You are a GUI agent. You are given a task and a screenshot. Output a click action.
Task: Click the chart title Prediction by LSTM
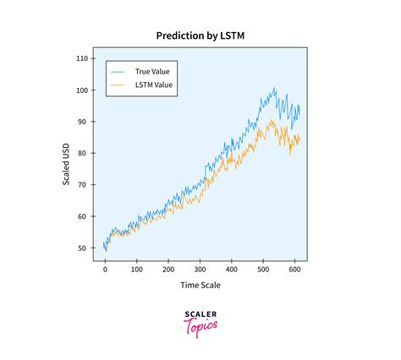200,36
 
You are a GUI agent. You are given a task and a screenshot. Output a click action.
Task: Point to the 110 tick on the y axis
81,58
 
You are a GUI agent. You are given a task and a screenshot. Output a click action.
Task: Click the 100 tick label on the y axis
81,90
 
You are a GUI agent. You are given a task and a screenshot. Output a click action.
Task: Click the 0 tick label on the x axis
105,270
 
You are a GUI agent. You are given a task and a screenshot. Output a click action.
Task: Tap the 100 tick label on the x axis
136,270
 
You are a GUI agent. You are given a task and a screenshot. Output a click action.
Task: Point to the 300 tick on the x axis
200,270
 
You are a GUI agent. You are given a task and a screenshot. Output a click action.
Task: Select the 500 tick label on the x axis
263,270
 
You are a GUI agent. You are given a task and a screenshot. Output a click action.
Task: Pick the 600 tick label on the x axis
294,270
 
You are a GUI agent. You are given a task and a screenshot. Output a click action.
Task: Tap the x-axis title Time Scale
200,286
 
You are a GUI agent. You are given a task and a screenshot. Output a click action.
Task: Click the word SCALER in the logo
200,314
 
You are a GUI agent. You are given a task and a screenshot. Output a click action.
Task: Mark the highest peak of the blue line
274,88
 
